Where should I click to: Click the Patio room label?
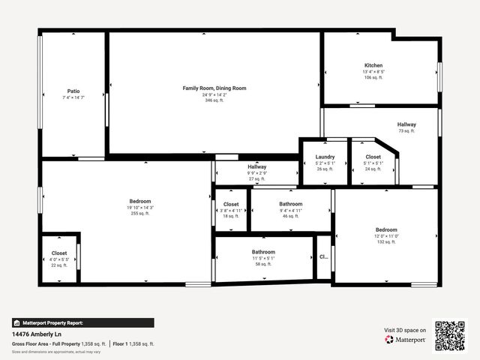73,91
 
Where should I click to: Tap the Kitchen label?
373,65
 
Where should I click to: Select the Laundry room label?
325,157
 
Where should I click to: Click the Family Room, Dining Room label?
214,88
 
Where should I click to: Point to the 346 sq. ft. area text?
214,100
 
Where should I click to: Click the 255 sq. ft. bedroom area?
139,214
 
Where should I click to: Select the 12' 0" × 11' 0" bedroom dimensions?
386,236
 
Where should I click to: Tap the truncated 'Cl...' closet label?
324,256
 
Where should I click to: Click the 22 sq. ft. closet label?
59,265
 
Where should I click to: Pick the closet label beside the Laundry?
373,157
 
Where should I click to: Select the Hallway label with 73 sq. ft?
406,124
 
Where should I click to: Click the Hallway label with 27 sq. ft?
256,166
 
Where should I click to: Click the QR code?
450,335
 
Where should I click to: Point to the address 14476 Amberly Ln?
37,334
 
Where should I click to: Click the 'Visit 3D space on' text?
405,330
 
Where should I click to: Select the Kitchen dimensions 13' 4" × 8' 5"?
373,71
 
